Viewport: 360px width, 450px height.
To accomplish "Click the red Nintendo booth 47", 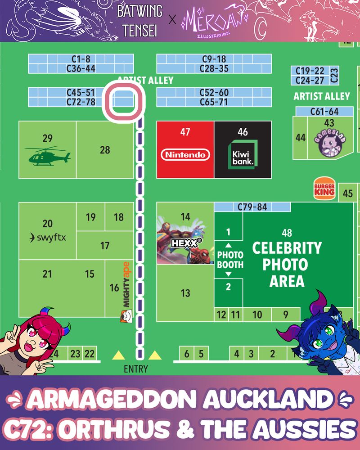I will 185,149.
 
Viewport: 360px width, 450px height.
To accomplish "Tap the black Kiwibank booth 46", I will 243,149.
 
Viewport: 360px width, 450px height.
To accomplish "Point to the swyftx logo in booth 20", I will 47,237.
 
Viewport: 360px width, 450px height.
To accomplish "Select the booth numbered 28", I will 105,149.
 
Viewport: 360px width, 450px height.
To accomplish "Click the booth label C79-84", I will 252,207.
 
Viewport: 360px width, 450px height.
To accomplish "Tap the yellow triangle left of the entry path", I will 118,355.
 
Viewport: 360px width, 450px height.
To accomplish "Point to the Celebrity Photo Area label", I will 287,265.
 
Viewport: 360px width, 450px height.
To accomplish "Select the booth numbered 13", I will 185,293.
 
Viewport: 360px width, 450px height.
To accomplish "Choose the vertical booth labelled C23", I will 334,75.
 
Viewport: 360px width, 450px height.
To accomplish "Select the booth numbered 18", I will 119,217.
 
